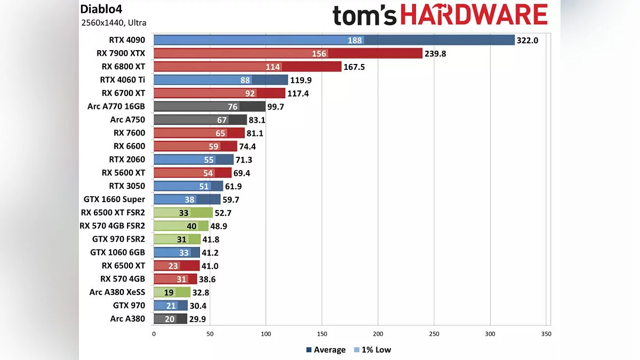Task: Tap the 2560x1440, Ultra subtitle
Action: (114, 23)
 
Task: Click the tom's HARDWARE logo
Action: (440, 16)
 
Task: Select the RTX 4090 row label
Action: (127, 40)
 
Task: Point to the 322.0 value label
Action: (527, 40)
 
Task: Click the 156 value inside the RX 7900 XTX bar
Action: (319, 53)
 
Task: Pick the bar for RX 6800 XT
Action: (247, 67)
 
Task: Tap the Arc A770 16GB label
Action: (116, 106)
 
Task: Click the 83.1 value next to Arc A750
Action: (258, 119)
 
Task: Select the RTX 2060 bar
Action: (194, 159)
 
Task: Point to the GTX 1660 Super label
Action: (114, 199)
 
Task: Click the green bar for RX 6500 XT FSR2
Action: (183, 213)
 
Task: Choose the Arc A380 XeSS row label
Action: (117, 292)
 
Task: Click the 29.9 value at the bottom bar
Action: (197, 319)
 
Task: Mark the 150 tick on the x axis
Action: (322, 334)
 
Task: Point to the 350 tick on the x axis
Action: (546, 334)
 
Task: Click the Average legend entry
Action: (326, 350)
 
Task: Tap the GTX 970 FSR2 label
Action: (118, 239)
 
